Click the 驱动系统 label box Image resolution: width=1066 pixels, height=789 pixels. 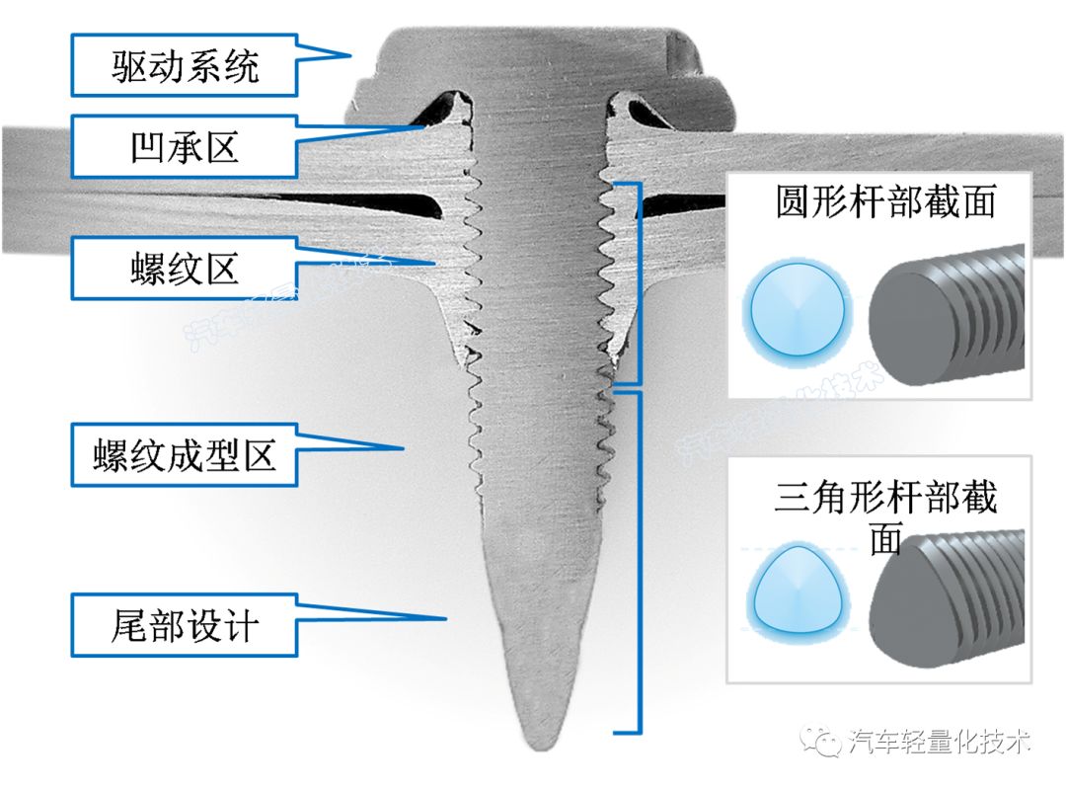184,66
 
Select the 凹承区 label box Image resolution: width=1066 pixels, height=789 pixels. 184,148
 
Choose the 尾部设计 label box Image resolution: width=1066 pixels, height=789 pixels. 184,626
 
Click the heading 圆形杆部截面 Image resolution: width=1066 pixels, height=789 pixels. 884,202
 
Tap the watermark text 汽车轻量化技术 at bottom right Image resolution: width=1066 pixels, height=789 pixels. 939,742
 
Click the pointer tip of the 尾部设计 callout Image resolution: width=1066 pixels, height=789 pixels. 448,620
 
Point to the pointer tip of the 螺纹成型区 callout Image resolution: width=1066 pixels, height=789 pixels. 405,448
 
